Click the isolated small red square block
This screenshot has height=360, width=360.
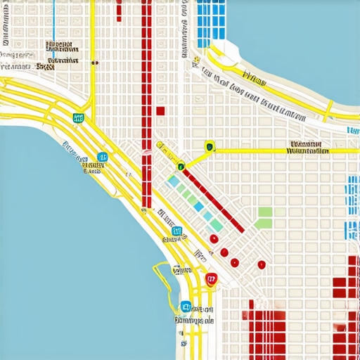click(x=160, y=110)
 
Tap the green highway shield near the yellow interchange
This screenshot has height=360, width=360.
click(x=78, y=119)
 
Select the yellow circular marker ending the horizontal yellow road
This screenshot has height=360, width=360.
click(x=209, y=146)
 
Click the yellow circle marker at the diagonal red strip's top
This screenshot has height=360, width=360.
click(x=181, y=167)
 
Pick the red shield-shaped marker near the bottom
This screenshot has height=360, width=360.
click(x=210, y=279)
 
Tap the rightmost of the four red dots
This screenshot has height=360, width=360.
click(x=261, y=264)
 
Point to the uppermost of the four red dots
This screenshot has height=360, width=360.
click(x=214, y=239)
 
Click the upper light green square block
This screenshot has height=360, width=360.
click(x=265, y=212)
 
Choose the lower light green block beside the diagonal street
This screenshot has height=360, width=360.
click(x=262, y=224)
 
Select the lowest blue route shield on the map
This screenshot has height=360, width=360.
click(x=186, y=306)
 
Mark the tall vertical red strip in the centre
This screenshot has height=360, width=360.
click(x=147, y=105)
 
